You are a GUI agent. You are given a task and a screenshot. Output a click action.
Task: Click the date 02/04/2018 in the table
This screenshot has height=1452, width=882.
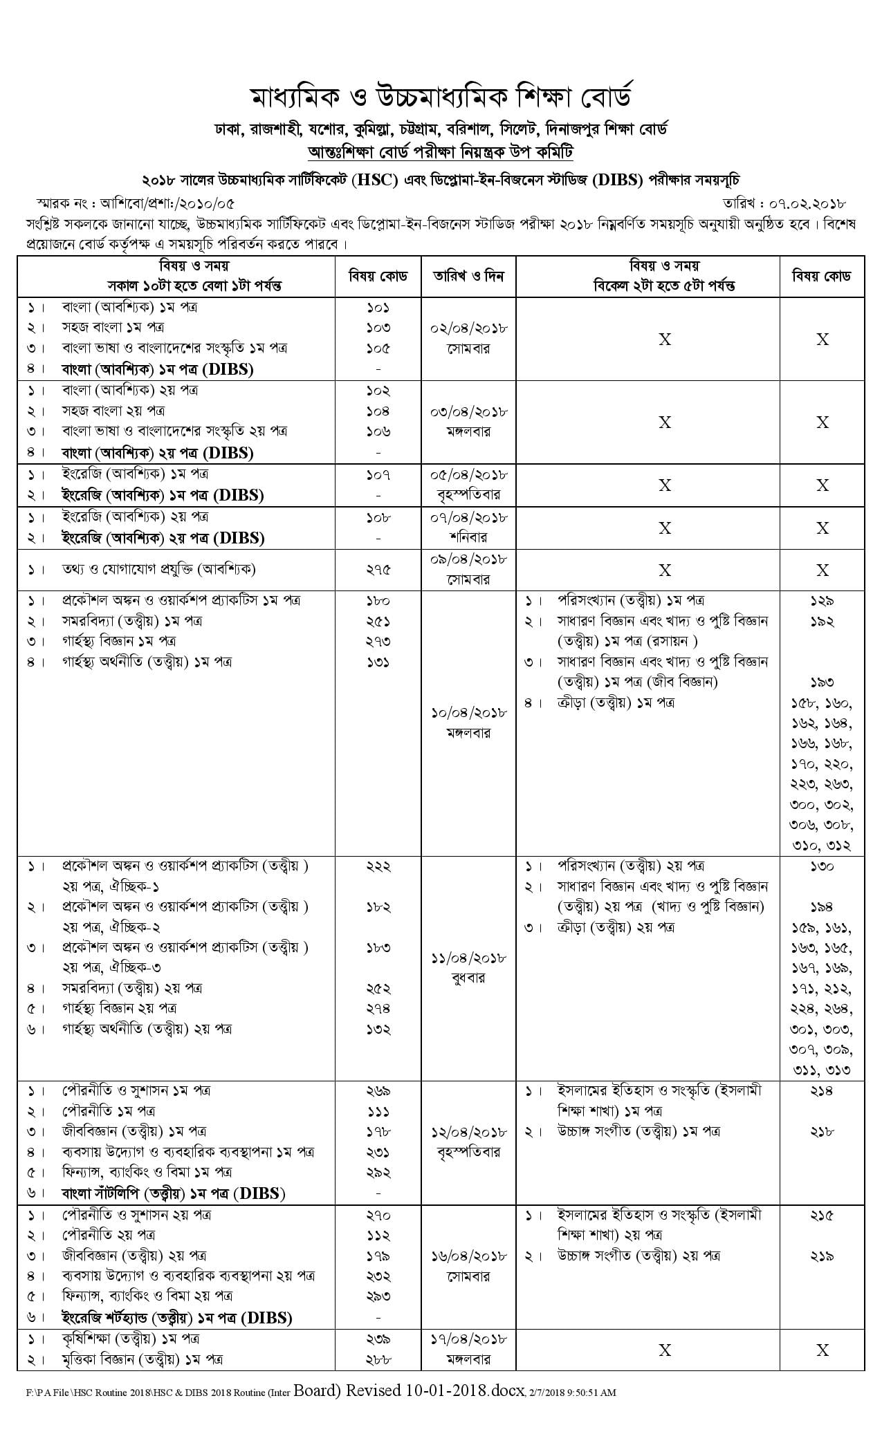click(468, 328)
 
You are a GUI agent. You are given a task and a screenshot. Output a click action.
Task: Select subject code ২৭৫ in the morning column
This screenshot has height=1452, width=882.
click(378, 570)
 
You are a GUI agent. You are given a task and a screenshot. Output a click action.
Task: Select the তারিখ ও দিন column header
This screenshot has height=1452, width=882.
click(468, 276)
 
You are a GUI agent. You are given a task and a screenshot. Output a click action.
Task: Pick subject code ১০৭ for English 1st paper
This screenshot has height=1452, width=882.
click(378, 474)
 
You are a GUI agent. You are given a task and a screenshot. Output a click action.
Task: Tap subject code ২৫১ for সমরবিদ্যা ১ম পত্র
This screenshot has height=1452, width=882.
click(378, 621)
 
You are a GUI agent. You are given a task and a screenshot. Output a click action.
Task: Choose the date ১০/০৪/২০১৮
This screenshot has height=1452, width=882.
click(468, 712)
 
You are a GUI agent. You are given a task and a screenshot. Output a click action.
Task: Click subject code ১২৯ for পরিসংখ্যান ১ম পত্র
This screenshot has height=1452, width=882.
click(822, 600)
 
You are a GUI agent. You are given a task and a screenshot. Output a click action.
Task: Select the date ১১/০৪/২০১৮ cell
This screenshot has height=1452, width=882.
click(468, 958)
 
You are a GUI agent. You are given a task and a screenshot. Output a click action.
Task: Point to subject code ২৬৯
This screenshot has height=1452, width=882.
click(378, 1090)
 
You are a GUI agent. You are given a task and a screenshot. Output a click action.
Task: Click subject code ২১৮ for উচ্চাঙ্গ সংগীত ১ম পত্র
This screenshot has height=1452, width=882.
click(822, 1131)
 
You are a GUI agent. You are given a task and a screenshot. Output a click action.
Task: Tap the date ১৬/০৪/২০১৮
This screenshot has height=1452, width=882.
click(468, 1255)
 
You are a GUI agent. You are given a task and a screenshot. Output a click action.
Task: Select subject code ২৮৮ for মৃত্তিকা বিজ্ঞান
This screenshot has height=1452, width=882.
click(378, 1359)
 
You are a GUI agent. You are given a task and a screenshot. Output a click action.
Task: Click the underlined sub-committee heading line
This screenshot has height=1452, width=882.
click(441, 152)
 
